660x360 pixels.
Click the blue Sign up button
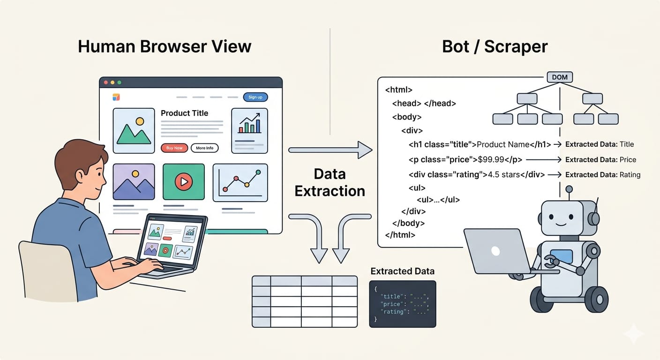(255, 97)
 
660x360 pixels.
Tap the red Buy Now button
(174, 148)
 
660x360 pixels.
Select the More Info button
(204, 148)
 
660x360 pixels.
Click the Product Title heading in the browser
(184, 113)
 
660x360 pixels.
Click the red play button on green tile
(183, 181)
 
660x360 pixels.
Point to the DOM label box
(560, 77)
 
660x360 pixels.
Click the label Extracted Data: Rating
(602, 174)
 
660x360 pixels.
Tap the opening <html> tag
(398, 90)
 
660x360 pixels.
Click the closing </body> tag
(408, 224)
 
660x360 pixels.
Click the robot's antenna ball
(569, 189)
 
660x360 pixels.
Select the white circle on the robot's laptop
(495, 251)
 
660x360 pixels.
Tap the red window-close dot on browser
(106, 82)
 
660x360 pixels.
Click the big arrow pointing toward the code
(330, 150)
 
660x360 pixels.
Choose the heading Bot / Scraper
(495, 46)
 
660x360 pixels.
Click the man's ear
(80, 177)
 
